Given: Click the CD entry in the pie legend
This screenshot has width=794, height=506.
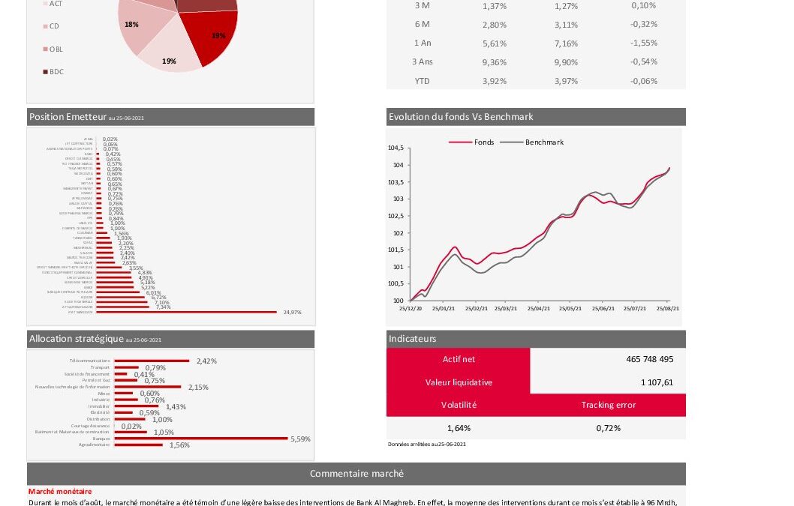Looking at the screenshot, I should (x=54, y=26).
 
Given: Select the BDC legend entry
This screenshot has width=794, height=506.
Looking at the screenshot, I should (x=56, y=72).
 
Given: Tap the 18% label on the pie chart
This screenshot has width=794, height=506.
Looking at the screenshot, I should (x=131, y=25).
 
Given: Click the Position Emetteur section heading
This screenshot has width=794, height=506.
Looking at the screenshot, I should (x=68, y=117).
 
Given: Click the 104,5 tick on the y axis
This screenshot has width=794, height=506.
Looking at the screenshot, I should (x=395, y=148).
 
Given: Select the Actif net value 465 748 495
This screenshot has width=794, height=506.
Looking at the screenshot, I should (x=649, y=359).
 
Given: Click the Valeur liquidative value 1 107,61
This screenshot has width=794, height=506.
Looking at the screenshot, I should (x=657, y=382).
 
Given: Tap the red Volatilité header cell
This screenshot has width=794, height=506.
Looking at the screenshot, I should (x=458, y=405).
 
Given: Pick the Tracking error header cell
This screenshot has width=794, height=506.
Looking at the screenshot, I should (x=608, y=405).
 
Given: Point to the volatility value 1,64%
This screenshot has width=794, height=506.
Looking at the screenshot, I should (x=458, y=428).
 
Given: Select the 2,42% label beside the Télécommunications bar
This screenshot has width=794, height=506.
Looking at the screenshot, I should (x=206, y=361).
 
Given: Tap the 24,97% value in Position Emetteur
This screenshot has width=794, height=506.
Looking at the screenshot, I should (x=292, y=312).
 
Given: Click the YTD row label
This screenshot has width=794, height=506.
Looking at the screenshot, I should (x=423, y=81).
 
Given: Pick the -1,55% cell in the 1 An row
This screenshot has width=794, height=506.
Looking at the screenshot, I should (x=644, y=43).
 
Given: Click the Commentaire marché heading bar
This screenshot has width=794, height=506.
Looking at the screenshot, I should (x=356, y=474).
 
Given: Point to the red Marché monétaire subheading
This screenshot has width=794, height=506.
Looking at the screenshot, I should (x=60, y=491).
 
